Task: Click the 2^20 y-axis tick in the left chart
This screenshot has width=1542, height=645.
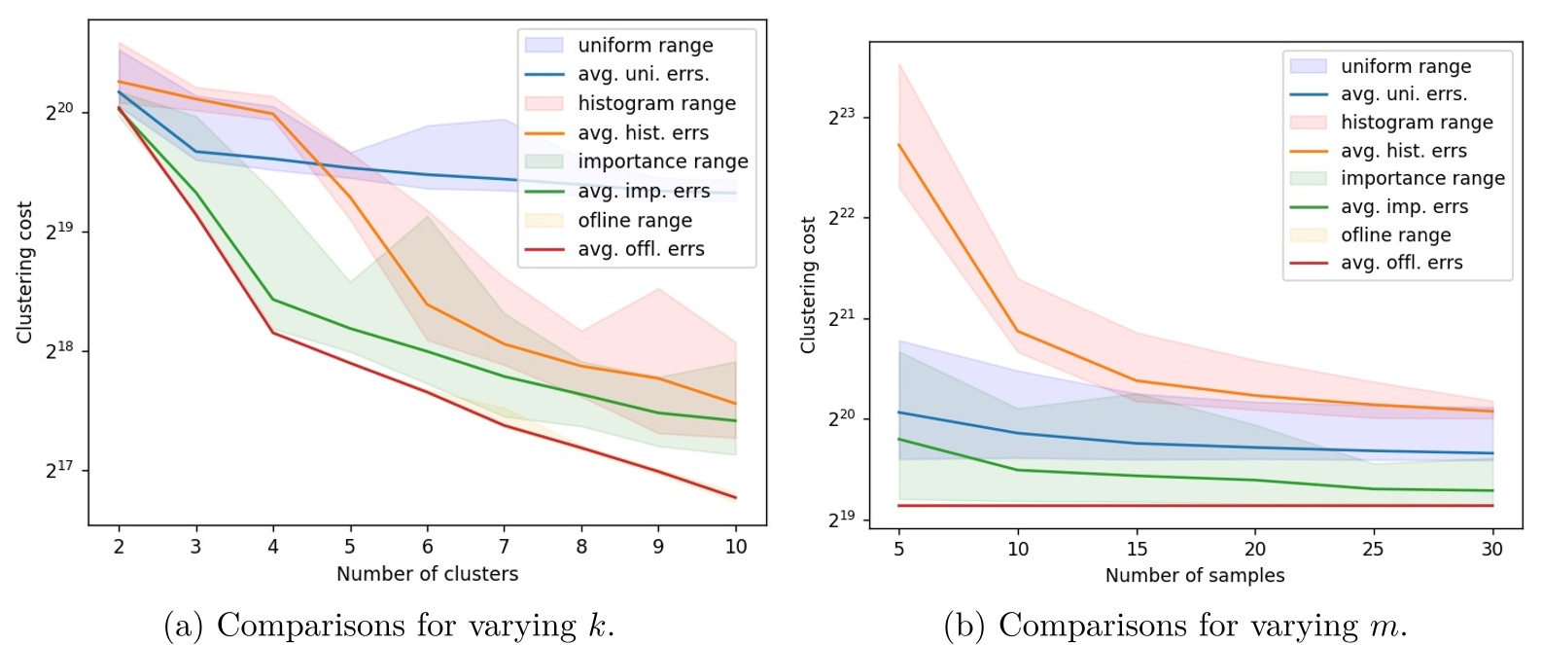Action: [x=59, y=112]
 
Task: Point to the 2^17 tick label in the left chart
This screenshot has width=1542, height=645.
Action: [x=59, y=470]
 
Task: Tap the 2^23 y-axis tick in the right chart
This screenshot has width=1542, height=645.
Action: [x=841, y=118]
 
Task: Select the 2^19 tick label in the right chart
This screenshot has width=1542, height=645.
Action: [x=841, y=519]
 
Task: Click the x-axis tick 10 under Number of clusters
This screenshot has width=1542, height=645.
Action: [x=736, y=547]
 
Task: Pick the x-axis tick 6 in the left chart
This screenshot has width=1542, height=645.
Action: [x=427, y=547]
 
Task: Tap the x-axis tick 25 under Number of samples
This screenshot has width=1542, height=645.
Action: [x=1373, y=549]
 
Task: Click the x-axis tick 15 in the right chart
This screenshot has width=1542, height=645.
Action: [x=1137, y=549]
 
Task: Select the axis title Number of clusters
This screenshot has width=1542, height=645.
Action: [x=427, y=574]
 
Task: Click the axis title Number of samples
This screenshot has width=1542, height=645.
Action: [x=1194, y=575]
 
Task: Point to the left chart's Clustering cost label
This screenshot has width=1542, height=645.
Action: [x=24, y=272]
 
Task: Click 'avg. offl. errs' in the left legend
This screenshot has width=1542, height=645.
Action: [x=641, y=249]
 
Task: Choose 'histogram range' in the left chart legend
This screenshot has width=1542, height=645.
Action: [x=656, y=103]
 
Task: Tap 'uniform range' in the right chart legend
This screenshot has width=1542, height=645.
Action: [x=1405, y=66]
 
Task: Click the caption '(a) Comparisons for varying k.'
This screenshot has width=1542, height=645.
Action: [x=389, y=625]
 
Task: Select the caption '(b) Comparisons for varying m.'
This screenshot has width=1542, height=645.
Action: [x=1175, y=625]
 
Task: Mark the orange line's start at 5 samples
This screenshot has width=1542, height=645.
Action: [x=899, y=145]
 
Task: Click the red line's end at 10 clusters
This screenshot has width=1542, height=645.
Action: [x=736, y=497]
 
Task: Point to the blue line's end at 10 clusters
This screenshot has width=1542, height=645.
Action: [x=736, y=194]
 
